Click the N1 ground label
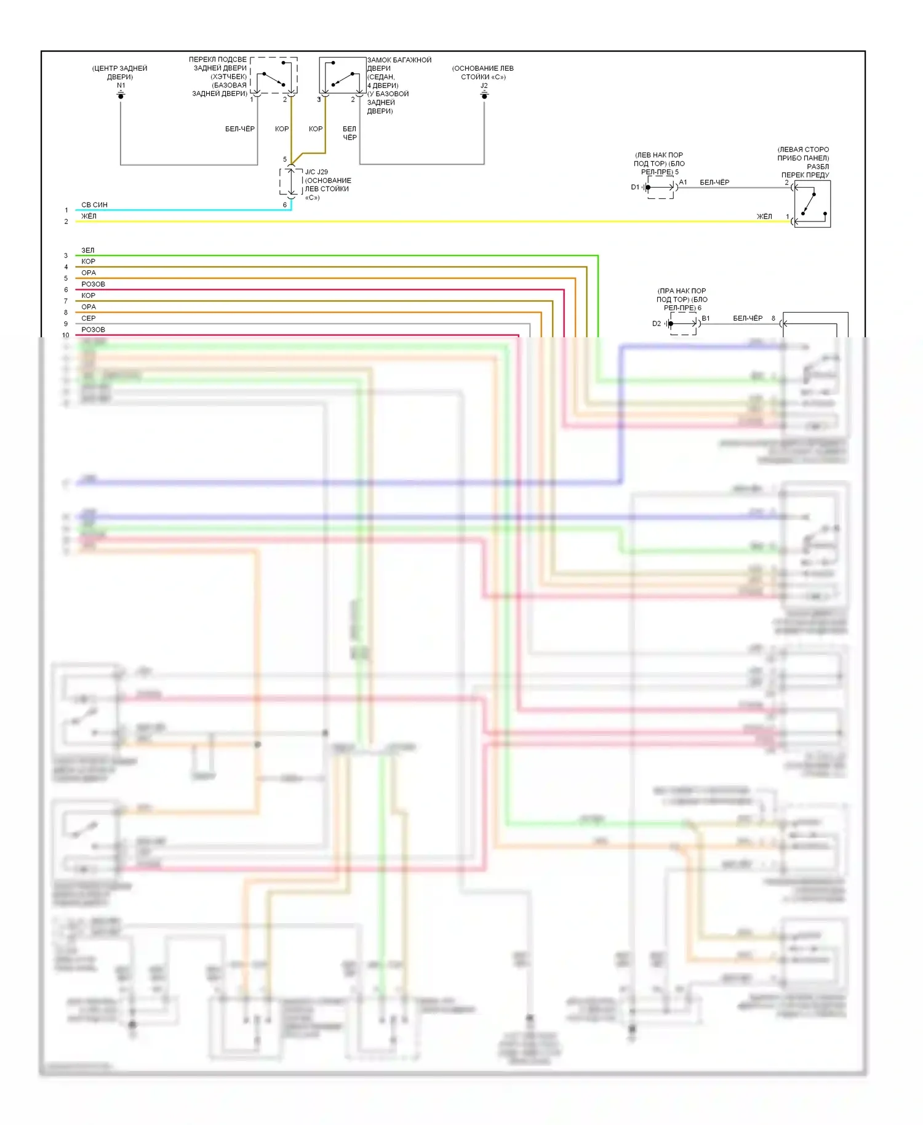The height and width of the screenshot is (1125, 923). click(x=121, y=86)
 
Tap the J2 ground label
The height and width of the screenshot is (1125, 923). click(x=484, y=86)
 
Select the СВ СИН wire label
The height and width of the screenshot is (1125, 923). click(x=94, y=205)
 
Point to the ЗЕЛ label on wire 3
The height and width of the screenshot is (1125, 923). click(x=88, y=250)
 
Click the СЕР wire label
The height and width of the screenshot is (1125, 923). click(x=89, y=318)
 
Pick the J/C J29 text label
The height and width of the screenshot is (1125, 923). click(x=316, y=172)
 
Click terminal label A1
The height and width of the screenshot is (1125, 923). click(x=683, y=182)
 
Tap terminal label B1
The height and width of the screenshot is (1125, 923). click(x=706, y=318)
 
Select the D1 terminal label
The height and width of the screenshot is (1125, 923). click(x=635, y=187)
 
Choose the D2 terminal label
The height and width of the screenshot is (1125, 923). click(x=656, y=323)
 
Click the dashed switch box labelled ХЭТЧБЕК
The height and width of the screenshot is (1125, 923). click(x=274, y=75)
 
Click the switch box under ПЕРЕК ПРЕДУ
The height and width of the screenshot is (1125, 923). click(x=812, y=204)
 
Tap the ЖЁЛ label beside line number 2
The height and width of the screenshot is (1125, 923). click(x=89, y=216)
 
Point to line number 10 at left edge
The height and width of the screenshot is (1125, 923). click(x=66, y=335)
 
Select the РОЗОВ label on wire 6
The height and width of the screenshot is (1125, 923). click(x=93, y=284)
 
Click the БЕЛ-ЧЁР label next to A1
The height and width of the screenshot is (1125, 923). click(x=714, y=182)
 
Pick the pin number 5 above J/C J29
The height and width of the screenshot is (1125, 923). click(x=285, y=159)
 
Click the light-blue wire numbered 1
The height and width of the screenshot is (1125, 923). click(x=185, y=210)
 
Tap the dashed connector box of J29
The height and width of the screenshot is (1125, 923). click(x=291, y=182)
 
